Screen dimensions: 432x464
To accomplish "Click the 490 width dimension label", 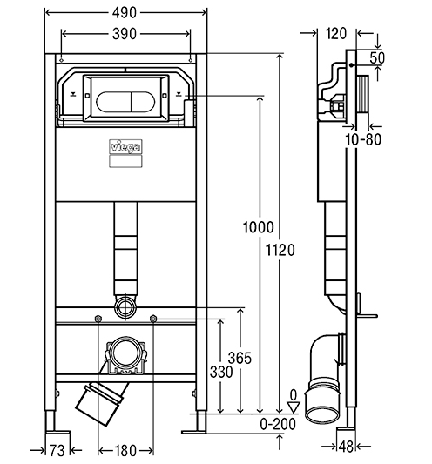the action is [x=125, y=13].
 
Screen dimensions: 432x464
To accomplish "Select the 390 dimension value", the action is [x=125, y=34].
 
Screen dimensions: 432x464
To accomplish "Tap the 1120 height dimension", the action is [x=280, y=250].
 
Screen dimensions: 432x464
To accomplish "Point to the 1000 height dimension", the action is [x=258, y=227].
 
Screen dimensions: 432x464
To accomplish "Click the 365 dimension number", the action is [x=240, y=358].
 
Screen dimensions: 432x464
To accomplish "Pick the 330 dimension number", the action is [x=221, y=372].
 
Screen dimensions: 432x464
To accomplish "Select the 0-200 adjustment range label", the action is [x=278, y=424].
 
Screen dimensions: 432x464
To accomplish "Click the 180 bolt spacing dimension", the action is [x=125, y=451].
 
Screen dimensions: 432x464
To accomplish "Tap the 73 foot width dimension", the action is [x=57, y=451].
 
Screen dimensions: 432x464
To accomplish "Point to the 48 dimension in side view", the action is [x=346, y=447].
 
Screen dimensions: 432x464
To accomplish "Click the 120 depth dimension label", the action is [x=336, y=33].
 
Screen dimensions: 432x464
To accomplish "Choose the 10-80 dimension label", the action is [x=363, y=139].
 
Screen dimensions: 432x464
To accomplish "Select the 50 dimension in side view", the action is [x=377, y=57].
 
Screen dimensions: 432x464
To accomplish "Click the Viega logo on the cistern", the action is [x=125, y=146].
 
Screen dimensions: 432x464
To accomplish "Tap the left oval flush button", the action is [x=113, y=103].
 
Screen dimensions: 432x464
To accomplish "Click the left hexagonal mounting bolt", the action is [x=98, y=319].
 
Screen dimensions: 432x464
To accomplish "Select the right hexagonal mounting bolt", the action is [x=153, y=319].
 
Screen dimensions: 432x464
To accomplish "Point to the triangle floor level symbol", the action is [x=294, y=407].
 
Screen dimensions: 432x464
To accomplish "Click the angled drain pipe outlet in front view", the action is [x=101, y=403].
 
